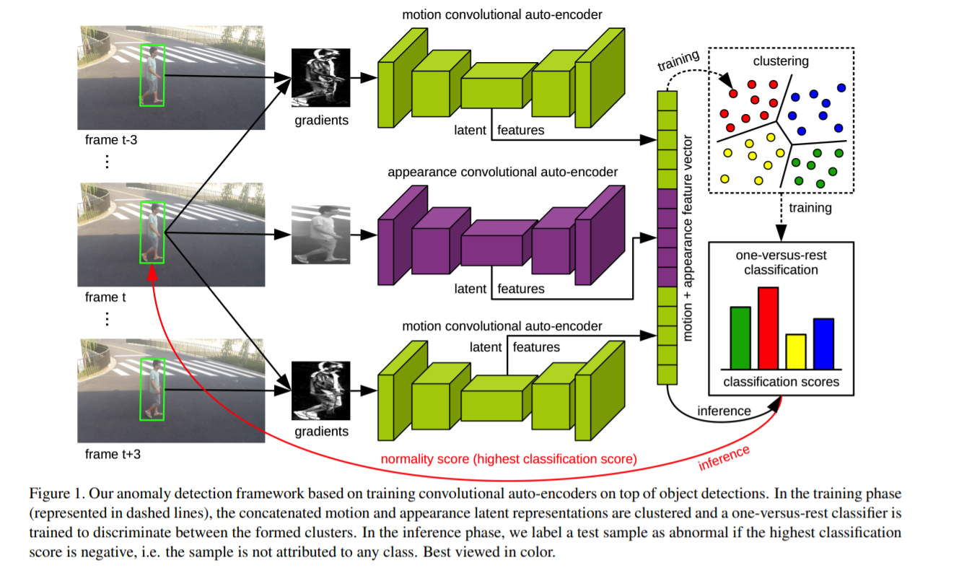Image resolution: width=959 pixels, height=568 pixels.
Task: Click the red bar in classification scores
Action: tap(768, 328)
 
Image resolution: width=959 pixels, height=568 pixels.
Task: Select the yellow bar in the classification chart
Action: tap(795, 351)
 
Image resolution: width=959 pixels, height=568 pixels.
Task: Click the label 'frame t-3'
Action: tap(111, 140)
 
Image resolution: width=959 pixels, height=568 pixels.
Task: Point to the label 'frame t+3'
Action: tap(111, 454)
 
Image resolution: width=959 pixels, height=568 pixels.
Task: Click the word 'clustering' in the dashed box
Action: tap(781, 61)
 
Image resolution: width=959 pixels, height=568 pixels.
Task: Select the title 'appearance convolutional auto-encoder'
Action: tap(502, 172)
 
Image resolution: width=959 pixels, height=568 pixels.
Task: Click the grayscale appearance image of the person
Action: tap(320, 234)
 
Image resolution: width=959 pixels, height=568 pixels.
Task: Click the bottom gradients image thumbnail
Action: tap(320, 390)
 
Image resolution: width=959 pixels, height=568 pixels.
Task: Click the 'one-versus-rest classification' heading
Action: tap(781, 263)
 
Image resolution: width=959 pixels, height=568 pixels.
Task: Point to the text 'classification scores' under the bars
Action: tap(781, 382)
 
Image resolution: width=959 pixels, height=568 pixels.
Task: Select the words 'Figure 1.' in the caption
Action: tap(55, 494)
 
